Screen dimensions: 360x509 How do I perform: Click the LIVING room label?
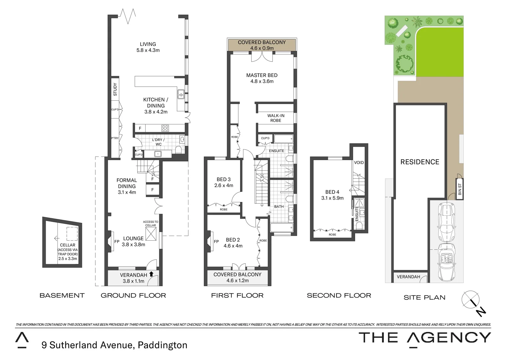(x=148, y=44)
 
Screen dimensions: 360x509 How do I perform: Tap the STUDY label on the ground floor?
(x=115, y=89)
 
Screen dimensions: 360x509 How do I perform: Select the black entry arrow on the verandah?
(x=151, y=274)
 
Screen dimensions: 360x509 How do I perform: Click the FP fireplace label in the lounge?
(x=117, y=241)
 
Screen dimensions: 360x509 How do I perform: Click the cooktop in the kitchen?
(x=165, y=128)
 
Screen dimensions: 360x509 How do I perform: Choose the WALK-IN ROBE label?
(x=276, y=118)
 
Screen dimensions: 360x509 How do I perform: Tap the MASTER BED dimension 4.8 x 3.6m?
(x=262, y=81)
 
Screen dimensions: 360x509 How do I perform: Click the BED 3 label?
(x=224, y=179)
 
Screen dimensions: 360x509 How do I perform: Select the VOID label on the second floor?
(x=359, y=163)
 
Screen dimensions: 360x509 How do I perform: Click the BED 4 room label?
(x=332, y=192)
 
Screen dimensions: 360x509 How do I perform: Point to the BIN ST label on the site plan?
(x=460, y=189)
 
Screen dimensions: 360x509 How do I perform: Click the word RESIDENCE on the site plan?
(x=420, y=162)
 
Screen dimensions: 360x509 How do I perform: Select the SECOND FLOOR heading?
(x=339, y=296)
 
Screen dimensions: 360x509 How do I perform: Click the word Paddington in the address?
(x=163, y=345)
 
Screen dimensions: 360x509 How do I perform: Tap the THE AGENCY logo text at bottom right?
(x=424, y=338)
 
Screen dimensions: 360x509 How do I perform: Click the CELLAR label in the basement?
(x=67, y=245)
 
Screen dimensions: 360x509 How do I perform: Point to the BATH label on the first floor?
(x=279, y=207)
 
